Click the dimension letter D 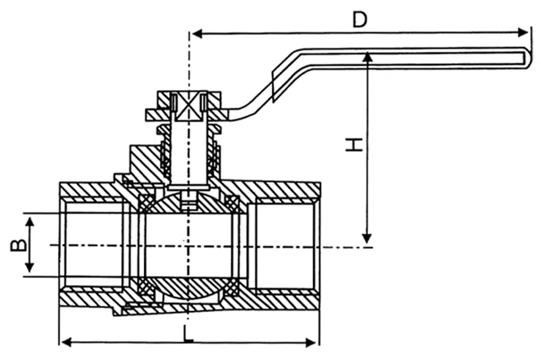[x=359, y=20]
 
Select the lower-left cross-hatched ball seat [x=146, y=287]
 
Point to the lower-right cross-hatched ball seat [x=232, y=287]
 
